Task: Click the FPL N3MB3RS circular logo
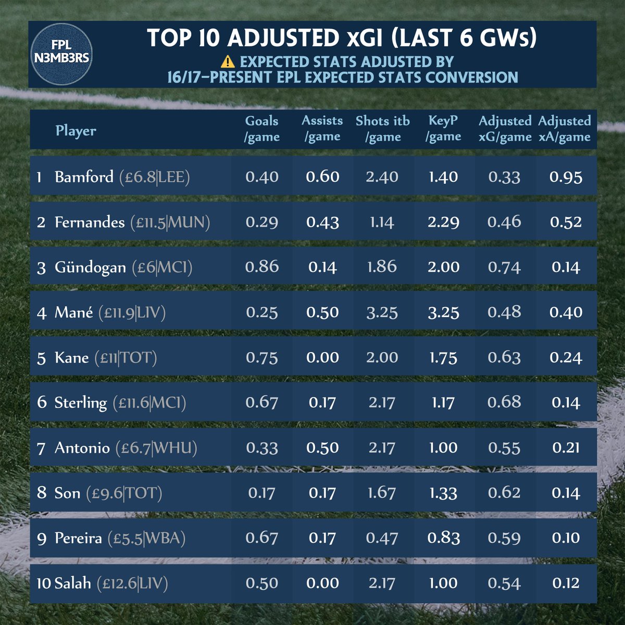(62, 54)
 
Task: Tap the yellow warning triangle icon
(228, 62)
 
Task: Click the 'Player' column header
(76, 130)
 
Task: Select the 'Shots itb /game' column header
(383, 129)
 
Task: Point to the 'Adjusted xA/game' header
(564, 129)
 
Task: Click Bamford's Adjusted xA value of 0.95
(566, 177)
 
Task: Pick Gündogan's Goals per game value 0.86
(262, 267)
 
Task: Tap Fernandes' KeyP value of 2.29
(443, 222)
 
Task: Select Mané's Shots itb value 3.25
(382, 312)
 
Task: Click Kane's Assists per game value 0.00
(322, 358)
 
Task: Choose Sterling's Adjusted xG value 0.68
(504, 403)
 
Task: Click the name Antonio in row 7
(82, 448)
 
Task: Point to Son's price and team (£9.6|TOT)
(124, 493)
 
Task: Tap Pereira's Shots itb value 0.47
(382, 538)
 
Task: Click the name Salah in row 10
(73, 583)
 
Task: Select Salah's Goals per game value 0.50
(262, 583)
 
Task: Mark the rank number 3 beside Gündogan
(42, 268)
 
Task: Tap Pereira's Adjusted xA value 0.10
(566, 538)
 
